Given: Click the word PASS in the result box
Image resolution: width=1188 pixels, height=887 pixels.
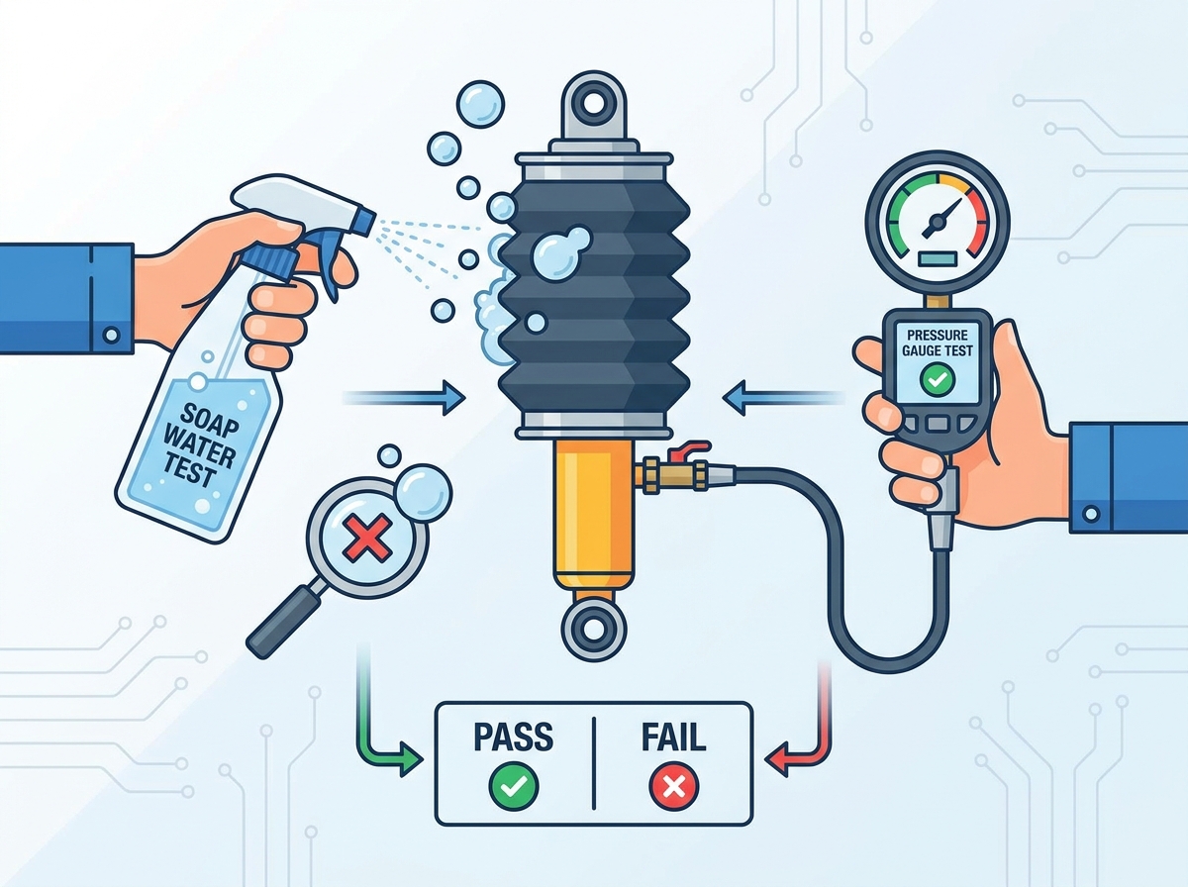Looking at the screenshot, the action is coord(513,737).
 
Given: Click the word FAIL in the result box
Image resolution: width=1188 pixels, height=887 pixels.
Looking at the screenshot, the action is coord(674,737).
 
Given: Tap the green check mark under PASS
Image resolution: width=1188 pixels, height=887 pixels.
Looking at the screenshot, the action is coord(514,786).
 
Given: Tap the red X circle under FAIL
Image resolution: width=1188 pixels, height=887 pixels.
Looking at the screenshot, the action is coord(674,786).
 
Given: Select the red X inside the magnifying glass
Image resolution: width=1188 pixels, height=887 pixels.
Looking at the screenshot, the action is coord(367,538).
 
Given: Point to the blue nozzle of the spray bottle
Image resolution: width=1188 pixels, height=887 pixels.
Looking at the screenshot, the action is coord(363,223).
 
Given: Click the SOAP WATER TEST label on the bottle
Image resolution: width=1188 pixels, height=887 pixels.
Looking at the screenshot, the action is coord(201,443).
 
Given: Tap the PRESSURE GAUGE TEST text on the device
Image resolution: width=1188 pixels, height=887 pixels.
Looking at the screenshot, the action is coord(937,343).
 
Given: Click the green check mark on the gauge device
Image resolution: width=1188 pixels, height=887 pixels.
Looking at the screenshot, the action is coord(938,380).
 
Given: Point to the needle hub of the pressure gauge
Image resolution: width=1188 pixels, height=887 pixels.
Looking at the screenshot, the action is coord(936,222).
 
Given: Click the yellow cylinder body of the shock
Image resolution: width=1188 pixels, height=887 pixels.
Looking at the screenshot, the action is coord(593,515).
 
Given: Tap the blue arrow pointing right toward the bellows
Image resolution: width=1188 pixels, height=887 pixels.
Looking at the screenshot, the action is coord(404,398).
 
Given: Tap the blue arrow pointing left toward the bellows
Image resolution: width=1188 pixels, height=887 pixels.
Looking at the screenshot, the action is coord(784,398).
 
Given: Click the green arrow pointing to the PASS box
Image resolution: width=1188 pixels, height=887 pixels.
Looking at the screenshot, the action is coord(379,720).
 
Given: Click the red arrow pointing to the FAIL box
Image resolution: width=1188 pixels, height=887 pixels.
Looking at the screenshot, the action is coord(807,720).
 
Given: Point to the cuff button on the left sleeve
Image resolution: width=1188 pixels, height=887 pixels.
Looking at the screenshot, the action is coord(112,335).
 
